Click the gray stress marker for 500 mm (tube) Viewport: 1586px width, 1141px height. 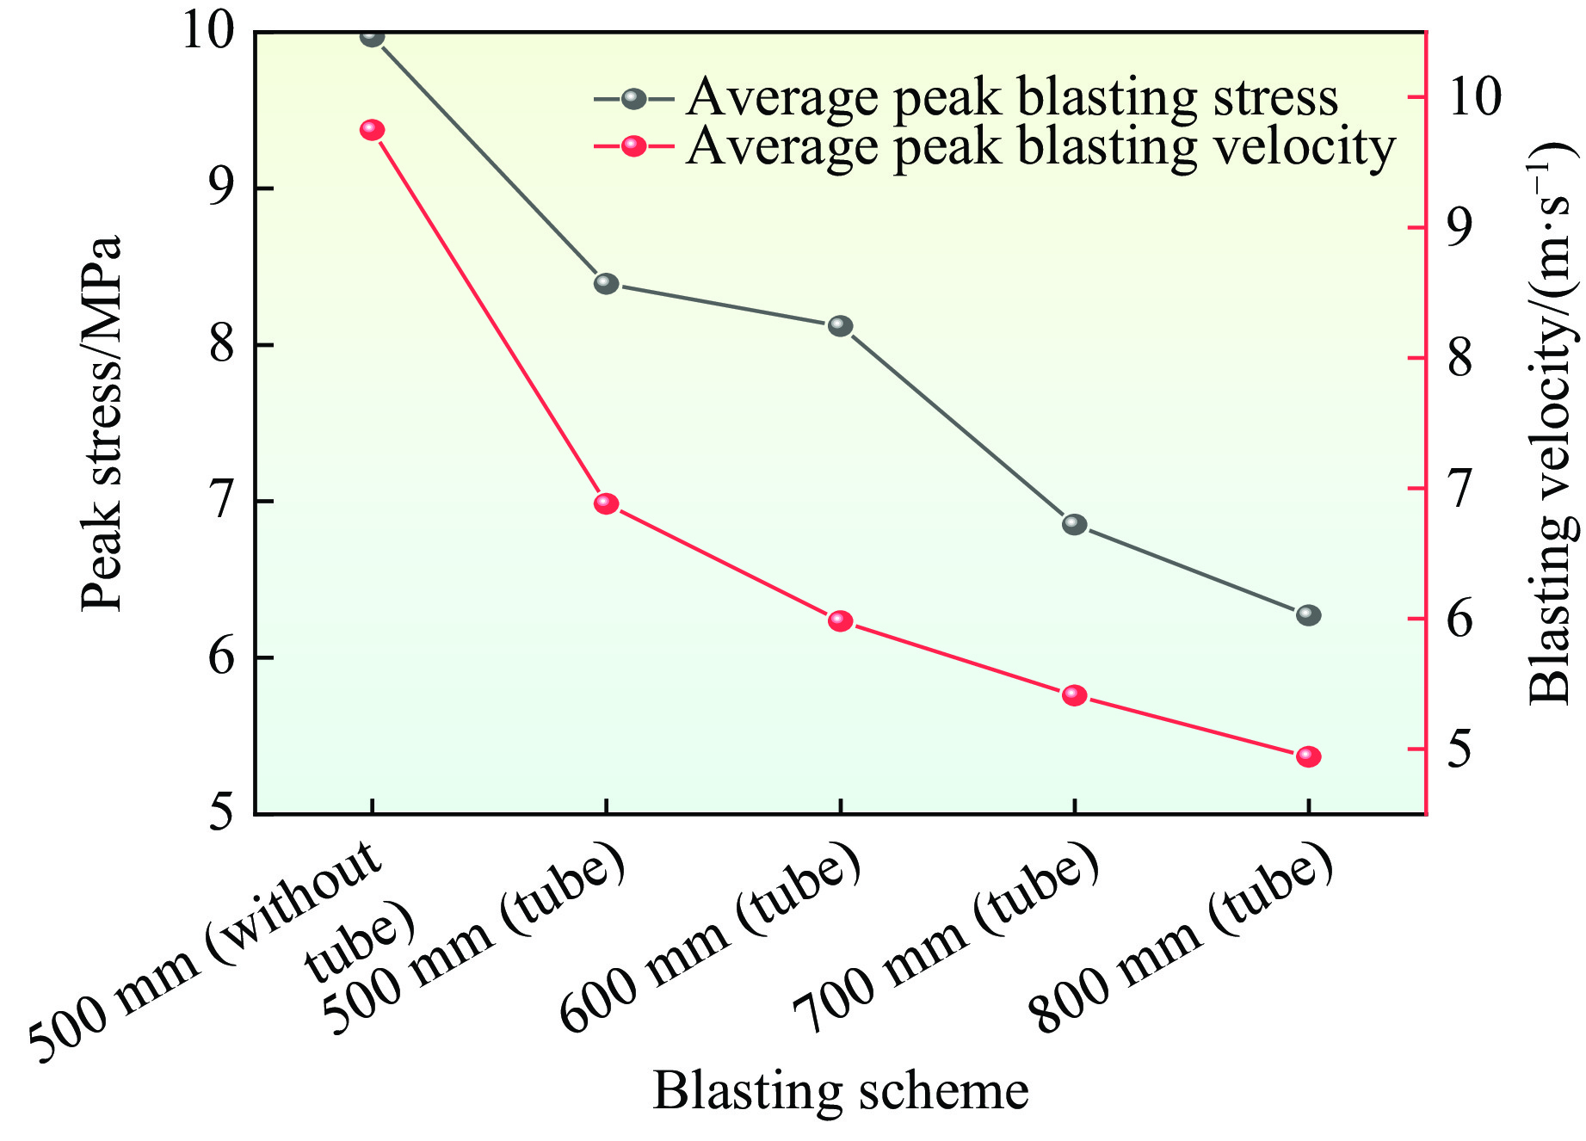[x=606, y=283]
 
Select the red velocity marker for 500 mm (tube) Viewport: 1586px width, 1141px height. [x=606, y=503]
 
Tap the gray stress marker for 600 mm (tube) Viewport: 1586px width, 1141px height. [x=840, y=326]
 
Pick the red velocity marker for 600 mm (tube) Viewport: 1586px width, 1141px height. [x=840, y=621]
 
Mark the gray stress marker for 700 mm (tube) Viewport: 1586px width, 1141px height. [x=1074, y=524]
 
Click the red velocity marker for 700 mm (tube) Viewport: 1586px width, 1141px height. [x=1074, y=695]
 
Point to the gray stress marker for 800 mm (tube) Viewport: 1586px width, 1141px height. [x=1308, y=615]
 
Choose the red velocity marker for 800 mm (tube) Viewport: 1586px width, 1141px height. [x=1308, y=756]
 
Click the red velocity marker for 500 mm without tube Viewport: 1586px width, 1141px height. [x=372, y=130]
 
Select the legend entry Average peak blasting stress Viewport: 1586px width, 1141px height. [x=1011, y=98]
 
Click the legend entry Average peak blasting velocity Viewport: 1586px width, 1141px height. [x=1040, y=147]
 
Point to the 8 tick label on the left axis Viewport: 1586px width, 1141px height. [x=222, y=346]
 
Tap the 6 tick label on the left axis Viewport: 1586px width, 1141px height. [x=222, y=658]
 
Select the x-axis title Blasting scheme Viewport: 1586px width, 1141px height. [x=840, y=1090]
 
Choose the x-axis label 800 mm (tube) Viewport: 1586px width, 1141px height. [x=1183, y=942]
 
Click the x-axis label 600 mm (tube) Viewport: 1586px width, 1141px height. [x=710, y=942]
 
